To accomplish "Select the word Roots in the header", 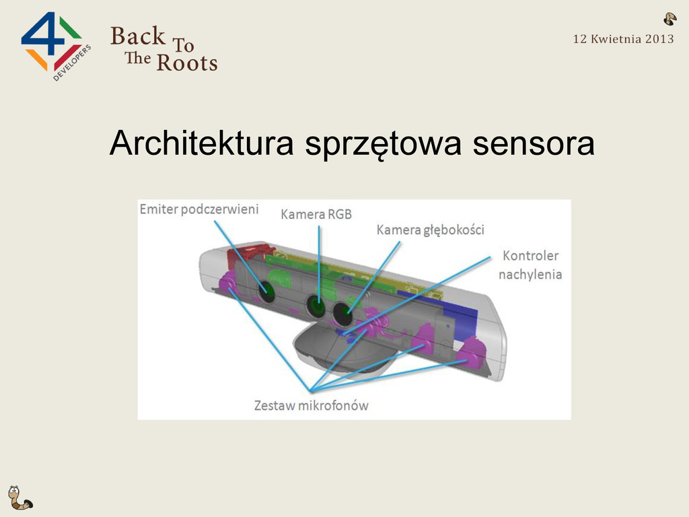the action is (186, 63).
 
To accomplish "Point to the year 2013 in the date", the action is (659, 39).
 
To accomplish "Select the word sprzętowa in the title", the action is (383, 145).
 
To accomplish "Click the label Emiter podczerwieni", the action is (198, 210).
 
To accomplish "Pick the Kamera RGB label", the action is (316, 215).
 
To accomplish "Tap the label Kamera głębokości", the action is (430, 230).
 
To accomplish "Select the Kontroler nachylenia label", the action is (531, 265).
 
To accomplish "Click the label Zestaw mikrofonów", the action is (311, 405).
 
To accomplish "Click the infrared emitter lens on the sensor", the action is (267, 291).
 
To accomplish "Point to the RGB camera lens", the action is (316, 306).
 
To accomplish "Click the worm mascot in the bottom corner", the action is (19, 498).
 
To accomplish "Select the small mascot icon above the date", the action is (669, 19).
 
